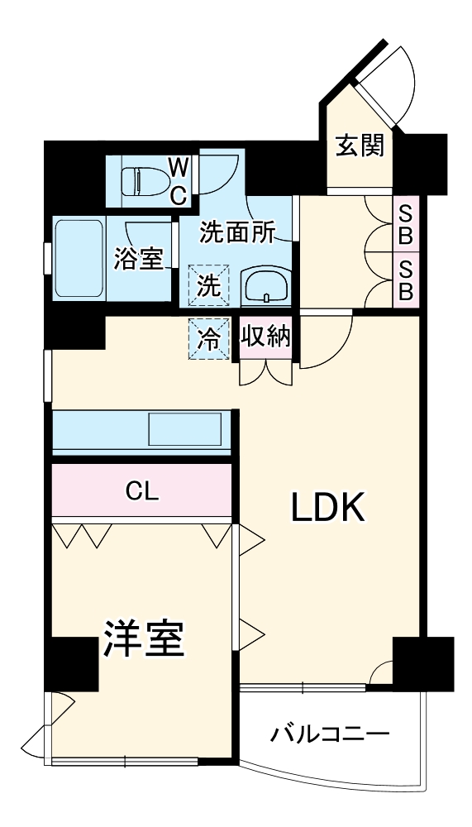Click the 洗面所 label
237,233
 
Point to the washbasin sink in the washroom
265,288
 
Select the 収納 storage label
265,337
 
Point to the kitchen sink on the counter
184,431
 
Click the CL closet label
141,491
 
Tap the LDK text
328,507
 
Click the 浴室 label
137,258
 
